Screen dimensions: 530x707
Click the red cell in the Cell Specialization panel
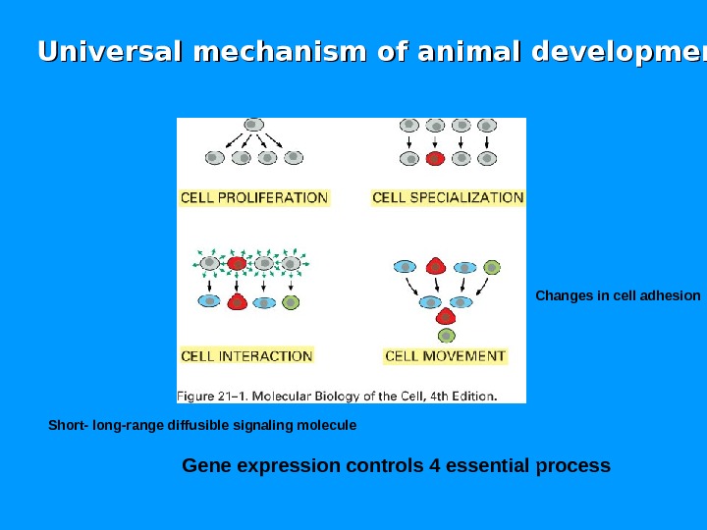tap(436, 158)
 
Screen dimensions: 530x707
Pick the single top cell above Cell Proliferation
tap(253, 125)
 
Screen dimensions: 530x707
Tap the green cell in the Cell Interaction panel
tap(290, 302)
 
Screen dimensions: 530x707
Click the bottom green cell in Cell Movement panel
tap(447, 336)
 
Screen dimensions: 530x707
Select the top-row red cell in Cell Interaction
tap(237, 263)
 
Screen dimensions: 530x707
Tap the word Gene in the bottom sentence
tap(204, 464)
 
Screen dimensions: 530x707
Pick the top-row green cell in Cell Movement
tap(492, 267)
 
